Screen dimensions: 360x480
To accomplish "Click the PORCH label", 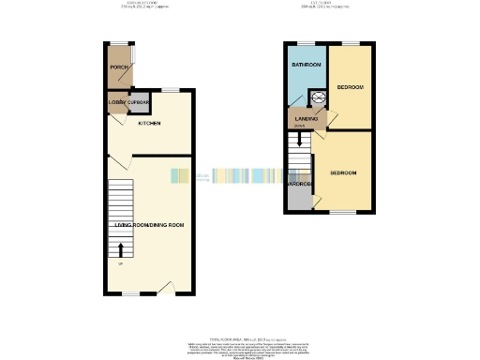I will pyautogui.click(x=119, y=67).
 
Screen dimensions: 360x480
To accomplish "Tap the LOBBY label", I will pyautogui.click(x=117, y=101).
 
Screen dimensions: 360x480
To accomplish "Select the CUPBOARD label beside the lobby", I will pyautogui.click(x=140, y=101).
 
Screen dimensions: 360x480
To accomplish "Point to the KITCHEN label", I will pyautogui.click(x=149, y=124).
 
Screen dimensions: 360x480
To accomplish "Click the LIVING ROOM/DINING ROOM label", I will pyautogui.click(x=149, y=225).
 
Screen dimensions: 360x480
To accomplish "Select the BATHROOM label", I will pyautogui.click(x=306, y=65).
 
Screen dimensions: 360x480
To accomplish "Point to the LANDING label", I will pyautogui.click(x=307, y=119).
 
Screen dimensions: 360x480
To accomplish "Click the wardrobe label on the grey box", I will pyautogui.click(x=299, y=184).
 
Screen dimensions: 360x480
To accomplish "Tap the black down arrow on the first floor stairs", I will pyautogui.click(x=298, y=140).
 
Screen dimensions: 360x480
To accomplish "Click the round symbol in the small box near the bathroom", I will pyautogui.click(x=318, y=97).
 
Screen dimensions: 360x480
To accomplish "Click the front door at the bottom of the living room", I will pyautogui.click(x=166, y=288).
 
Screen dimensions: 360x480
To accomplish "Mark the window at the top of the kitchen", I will pyautogui.click(x=170, y=89).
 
